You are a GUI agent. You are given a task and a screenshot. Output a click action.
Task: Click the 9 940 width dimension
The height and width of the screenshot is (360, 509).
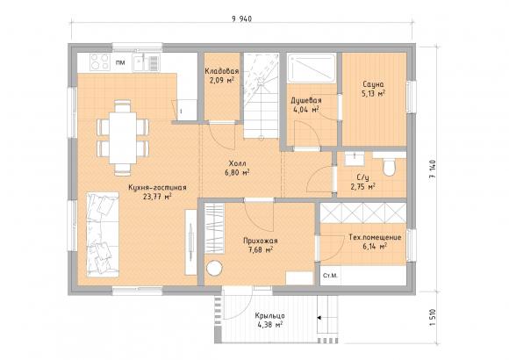242,18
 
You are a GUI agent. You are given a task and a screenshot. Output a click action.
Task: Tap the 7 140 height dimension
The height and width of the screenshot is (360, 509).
433,170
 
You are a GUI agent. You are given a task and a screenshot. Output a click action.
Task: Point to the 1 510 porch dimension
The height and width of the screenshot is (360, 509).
433,318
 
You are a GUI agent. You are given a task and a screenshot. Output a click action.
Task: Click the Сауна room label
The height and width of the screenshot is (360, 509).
373,84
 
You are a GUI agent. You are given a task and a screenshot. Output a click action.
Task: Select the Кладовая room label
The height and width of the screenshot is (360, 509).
222,71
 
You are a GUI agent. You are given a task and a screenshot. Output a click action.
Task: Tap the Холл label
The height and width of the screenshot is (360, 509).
237,163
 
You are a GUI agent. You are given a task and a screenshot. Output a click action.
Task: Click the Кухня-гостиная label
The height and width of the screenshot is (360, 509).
157,188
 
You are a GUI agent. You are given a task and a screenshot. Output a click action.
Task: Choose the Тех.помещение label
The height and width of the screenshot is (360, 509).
375,237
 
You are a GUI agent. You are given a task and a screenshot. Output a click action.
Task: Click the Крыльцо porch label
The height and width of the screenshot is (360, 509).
269,316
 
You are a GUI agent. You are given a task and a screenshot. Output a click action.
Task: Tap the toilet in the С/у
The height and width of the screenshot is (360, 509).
390,167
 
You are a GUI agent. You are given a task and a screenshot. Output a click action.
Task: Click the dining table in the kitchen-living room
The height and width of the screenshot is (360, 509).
123,138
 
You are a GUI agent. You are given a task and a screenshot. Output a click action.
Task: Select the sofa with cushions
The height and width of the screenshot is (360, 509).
103,234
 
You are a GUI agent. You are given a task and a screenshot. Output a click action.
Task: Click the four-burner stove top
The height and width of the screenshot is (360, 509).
100,61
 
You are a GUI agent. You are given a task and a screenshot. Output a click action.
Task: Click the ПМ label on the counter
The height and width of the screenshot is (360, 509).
120,62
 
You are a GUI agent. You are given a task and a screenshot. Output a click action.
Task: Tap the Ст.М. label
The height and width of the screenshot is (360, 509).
331,276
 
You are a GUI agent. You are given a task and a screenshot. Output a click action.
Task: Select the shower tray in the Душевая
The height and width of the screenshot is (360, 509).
312,68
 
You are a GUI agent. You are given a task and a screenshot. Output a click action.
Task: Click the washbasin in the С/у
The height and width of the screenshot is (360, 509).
355,159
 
